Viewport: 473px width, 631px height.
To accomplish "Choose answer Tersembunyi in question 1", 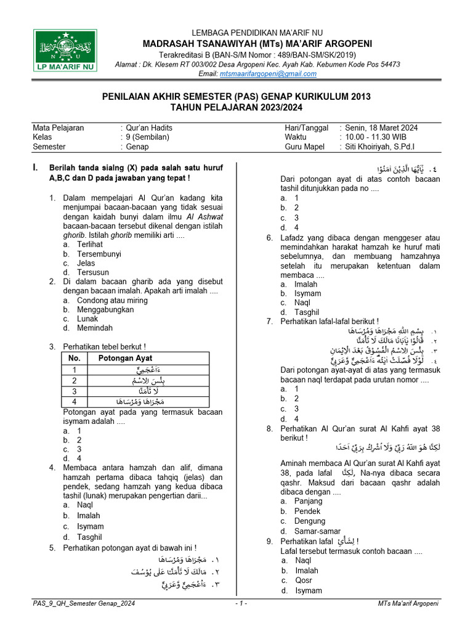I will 99,253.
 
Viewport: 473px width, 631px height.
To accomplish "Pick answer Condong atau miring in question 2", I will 112,300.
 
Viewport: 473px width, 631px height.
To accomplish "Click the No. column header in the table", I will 75,358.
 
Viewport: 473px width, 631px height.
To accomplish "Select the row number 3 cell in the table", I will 75,391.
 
